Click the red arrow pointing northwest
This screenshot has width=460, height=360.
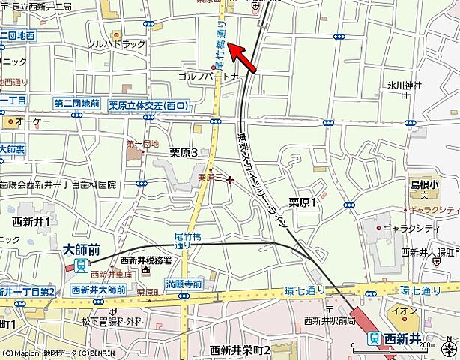pyautogui.click(x=244, y=58)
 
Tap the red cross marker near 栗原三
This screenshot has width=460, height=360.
pyautogui.click(x=230, y=180)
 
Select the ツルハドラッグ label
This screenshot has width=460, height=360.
pyautogui.click(x=116, y=45)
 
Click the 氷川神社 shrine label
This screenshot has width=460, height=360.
pyautogui.click(x=405, y=85)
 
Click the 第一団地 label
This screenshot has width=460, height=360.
pyautogui.click(x=142, y=144)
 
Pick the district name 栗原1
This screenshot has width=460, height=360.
pyautogui.click(x=303, y=202)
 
